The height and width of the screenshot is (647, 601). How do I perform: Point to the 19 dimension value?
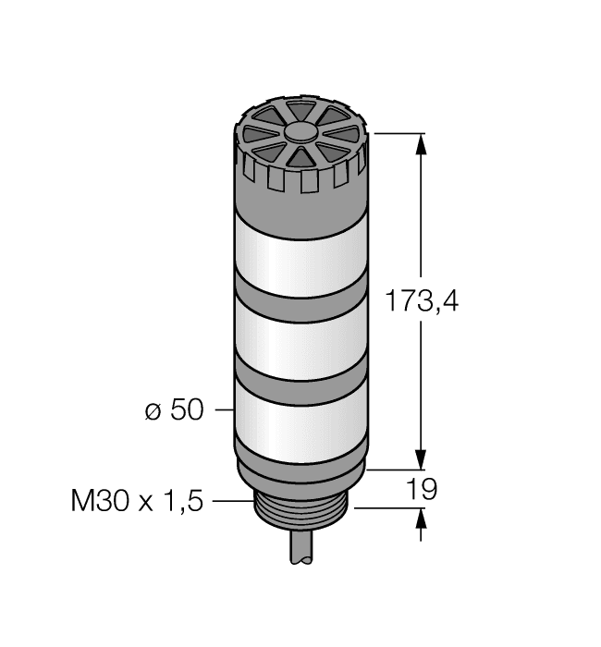(x=422, y=490)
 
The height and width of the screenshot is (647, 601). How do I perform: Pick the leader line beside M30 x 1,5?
(x=233, y=501)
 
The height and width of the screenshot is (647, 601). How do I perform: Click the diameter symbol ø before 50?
(x=153, y=410)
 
